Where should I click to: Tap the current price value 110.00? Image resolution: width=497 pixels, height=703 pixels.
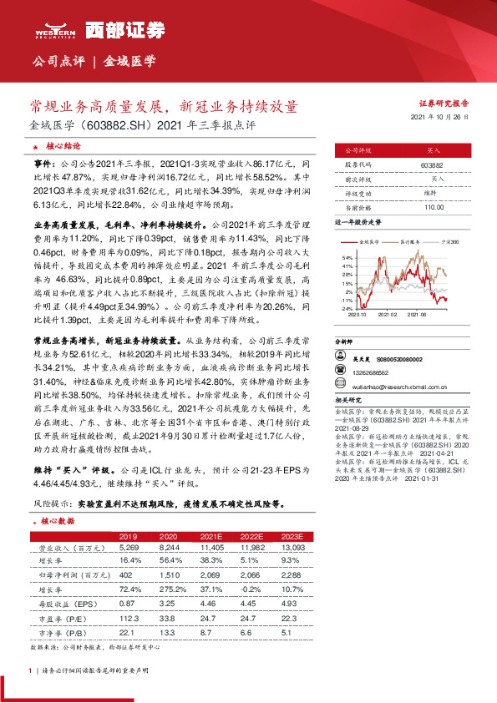pyautogui.click(x=433, y=206)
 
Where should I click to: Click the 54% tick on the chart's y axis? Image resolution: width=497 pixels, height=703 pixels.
pyautogui.click(x=347, y=259)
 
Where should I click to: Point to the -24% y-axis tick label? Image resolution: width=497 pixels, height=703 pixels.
pyautogui.click(x=346, y=308)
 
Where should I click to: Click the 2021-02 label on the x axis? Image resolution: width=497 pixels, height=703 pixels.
pyautogui.click(x=387, y=316)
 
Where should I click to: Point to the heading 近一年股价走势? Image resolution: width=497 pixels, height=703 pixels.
pyautogui.click(x=358, y=224)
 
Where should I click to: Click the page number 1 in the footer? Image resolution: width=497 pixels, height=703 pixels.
pyautogui.click(x=30, y=670)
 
